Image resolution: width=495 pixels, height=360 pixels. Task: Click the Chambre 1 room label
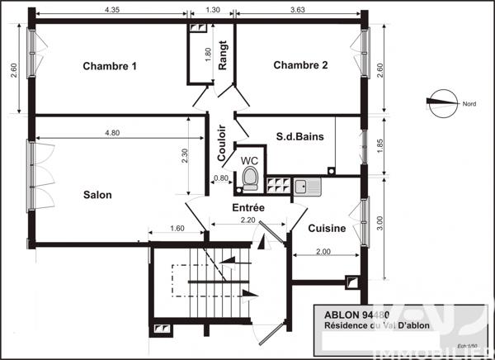tap(110, 66)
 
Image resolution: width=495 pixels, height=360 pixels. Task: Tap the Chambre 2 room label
tap(300, 66)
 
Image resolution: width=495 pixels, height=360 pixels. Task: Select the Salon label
tap(97, 195)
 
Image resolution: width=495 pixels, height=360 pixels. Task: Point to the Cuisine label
tap(327, 228)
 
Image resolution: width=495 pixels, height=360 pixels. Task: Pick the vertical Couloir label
tap(222, 142)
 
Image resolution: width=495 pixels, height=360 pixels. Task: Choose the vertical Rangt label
tap(222, 58)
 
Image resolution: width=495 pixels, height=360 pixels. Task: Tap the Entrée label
tap(247, 208)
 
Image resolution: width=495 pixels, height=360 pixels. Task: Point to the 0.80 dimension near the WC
tap(221, 178)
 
